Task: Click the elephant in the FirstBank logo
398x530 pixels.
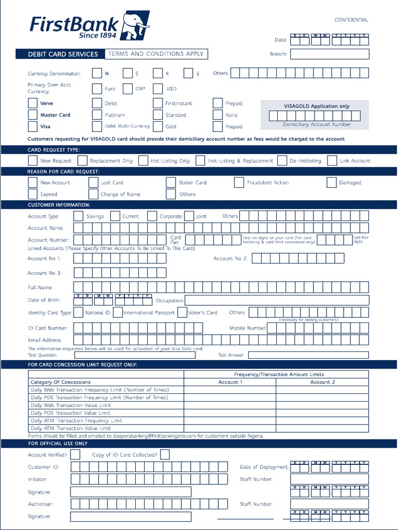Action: tap(135, 26)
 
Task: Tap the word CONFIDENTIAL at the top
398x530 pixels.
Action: tap(351, 20)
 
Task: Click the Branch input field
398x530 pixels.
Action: tap(329, 54)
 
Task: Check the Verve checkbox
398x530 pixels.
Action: tap(33, 104)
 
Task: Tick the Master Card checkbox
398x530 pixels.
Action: tap(33, 115)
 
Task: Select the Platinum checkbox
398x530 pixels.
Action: tap(97, 115)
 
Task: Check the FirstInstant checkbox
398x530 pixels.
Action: tap(158, 104)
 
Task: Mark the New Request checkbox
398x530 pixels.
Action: tap(33, 160)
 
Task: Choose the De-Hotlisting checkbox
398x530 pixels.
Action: tap(282, 160)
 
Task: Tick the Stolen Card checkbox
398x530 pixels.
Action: tap(171, 182)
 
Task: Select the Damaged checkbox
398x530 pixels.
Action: tap(332, 182)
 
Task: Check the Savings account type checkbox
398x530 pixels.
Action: tap(78, 216)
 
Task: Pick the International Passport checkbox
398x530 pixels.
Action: tap(118, 312)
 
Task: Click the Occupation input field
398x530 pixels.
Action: tap(277, 300)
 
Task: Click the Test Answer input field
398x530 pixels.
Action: tap(308, 355)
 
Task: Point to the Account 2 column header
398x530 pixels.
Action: tap(322, 382)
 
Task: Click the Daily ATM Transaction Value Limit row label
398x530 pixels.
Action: tap(71, 428)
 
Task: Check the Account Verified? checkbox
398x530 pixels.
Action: tap(75, 454)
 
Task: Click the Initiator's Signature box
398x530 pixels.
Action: tap(131, 492)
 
